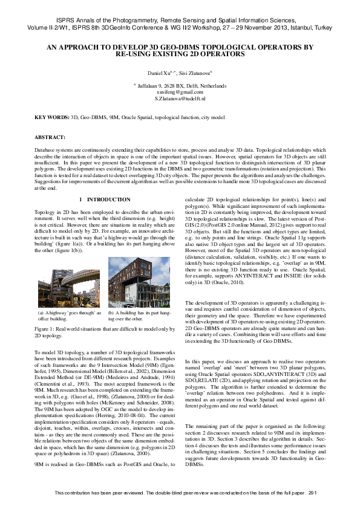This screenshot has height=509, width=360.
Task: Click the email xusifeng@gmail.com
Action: coord(180,92)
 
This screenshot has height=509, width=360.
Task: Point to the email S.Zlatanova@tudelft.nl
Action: coord(180,98)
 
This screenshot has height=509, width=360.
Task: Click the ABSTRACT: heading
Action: coord(50,138)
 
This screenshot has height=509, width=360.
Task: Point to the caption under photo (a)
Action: coord(69,316)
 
